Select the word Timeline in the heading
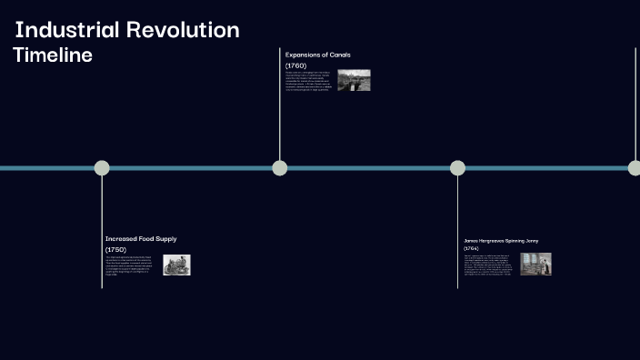pos(53,55)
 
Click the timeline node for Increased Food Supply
pos(102,167)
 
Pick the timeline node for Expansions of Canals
pos(280,167)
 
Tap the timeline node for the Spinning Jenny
pos(457,167)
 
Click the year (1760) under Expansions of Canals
pos(296,65)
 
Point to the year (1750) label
pos(115,249)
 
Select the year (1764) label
pos(471,248)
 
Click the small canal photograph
pos(354,80)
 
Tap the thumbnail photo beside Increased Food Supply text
pos(176,265)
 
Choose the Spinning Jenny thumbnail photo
pos(535,264)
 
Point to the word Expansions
pos(302,55)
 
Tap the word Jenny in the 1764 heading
pos(532,241)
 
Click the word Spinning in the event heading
pos(515,241)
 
